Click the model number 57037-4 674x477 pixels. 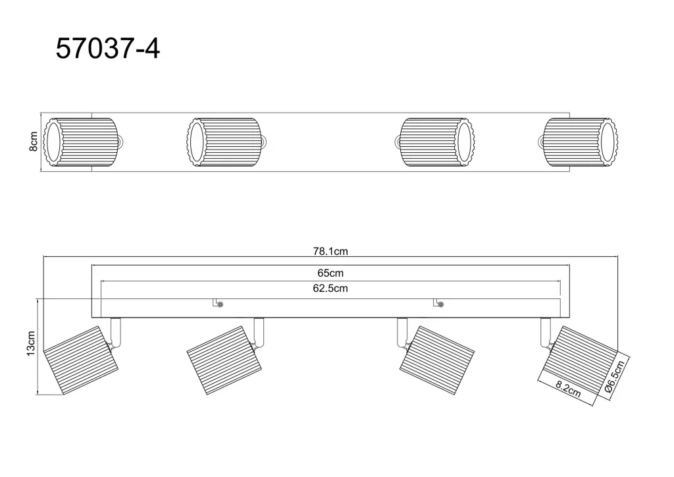pyautogui.click(x=108, y=48)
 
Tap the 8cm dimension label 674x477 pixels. pyautogui.click(x=33, y=142)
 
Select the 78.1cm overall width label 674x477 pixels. pyautogui.click(x=330, y=251)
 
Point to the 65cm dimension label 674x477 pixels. pyautogui.click(x=330, y=273)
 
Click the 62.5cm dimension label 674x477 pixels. pyautogui.click(x=330, y=288)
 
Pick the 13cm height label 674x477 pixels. pyautogui.click(x=30, y=344)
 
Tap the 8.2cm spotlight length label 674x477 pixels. pyautogui.click(x=568, y=389)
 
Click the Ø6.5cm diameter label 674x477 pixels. pyautogui.click(x=614, y=377)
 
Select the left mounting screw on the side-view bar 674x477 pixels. pyautogui.click(x=220, y=304)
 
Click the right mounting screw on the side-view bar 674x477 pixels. pyautogui.click(x=440, y=304)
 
